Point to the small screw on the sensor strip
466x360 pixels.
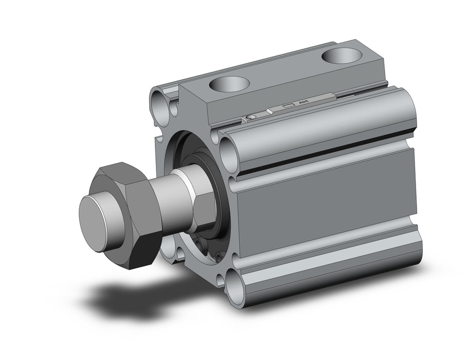(x=249, y=118)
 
